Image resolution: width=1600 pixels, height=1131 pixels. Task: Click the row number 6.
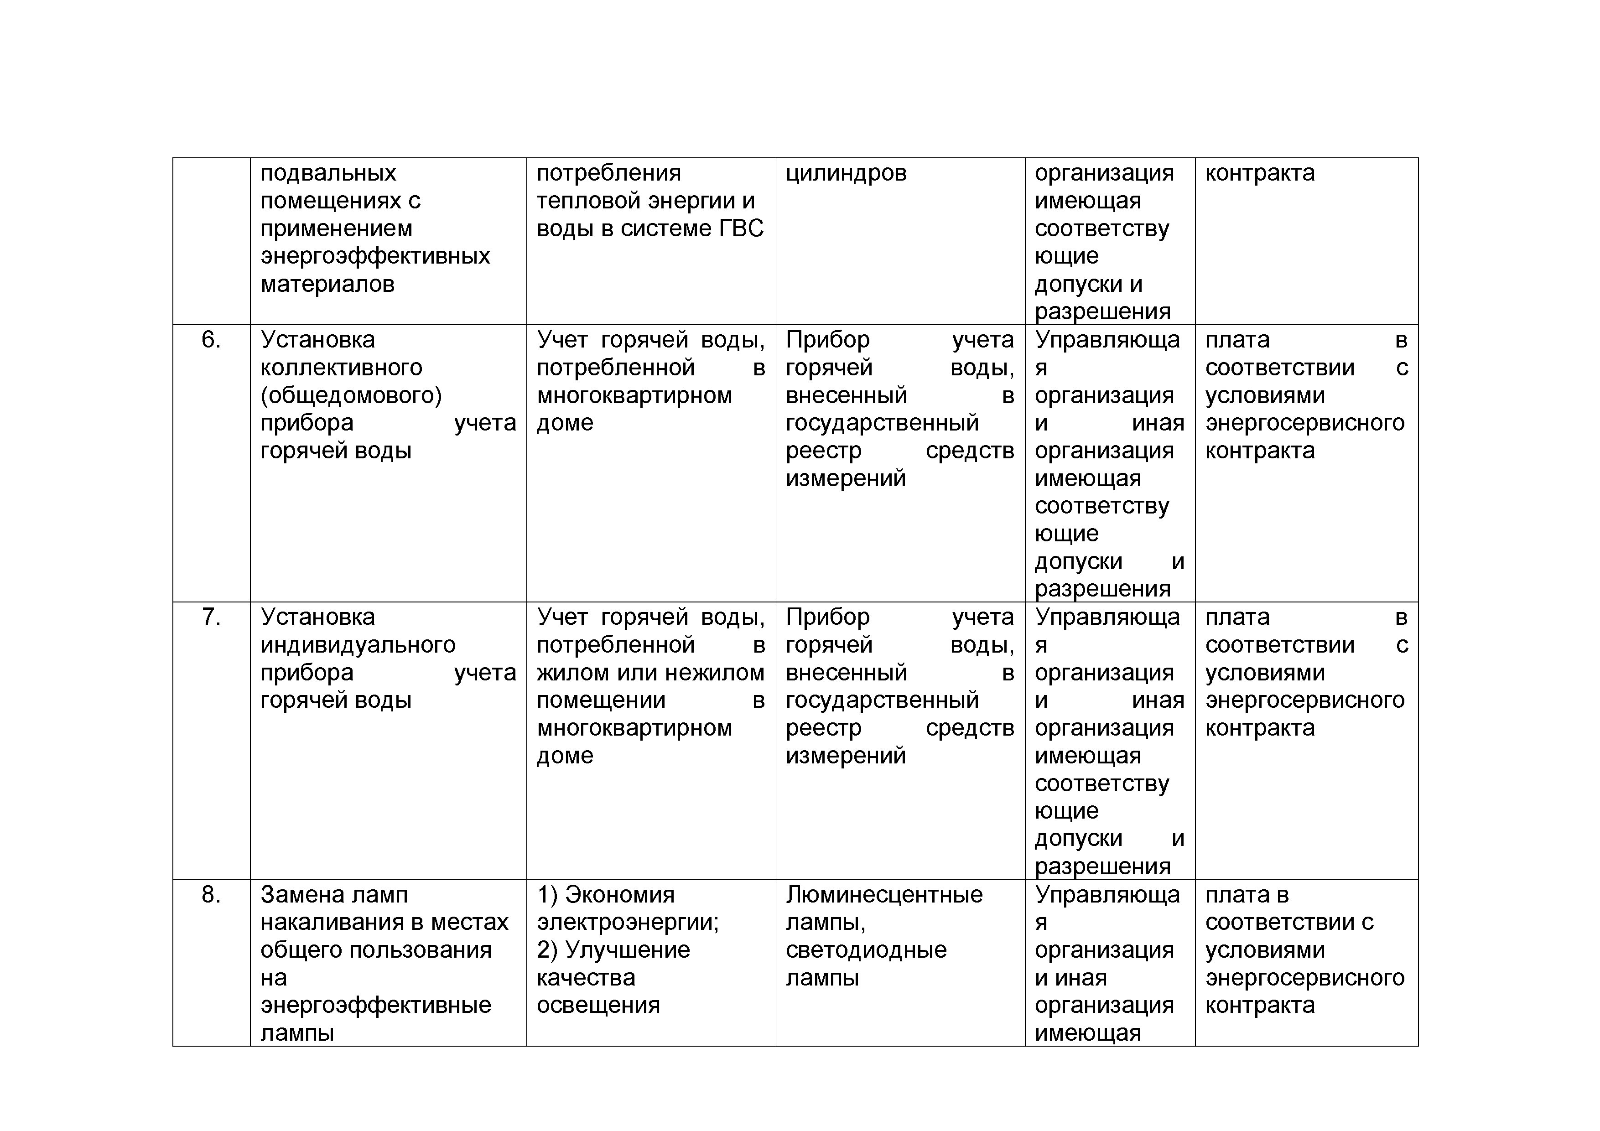tap(210, 340)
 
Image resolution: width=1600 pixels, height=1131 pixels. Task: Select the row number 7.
tap(210, 617)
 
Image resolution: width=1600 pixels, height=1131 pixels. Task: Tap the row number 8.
tap(210, 895)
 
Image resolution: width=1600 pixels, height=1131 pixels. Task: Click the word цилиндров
tap(846, 173)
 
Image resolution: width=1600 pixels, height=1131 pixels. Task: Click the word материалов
tap(327, 284)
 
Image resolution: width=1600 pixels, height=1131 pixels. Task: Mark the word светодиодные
tap(866, 950)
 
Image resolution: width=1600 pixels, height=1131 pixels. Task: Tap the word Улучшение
tap(627, 950)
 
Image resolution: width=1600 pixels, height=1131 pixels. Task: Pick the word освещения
tap(598, 1006)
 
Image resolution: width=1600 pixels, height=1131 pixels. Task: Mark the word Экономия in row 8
tap(619, 895)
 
